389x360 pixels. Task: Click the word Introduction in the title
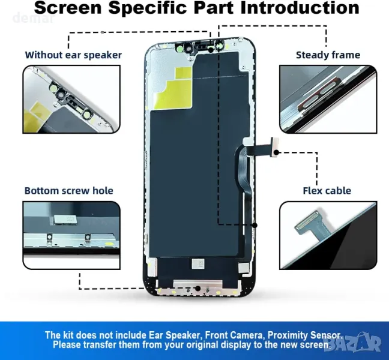click(300, 8)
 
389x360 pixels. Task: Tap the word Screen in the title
click(68, 8)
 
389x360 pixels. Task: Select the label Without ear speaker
click(73, 55)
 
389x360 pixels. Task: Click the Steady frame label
click(328, 55)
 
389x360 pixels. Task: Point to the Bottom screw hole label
click(68, 191)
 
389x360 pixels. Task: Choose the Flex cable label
click(327, 191)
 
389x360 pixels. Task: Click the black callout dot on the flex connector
click(277, 152)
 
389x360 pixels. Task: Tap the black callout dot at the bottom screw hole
click(198, 289)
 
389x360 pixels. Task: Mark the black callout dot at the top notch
click(210, 50)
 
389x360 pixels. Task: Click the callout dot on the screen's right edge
click(255, 225)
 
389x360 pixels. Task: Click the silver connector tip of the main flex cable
click(275, 147)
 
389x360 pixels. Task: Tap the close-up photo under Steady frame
click(328, 99)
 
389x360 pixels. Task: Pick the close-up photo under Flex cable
click(328, 236)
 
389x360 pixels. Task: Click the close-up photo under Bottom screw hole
click(71, 236)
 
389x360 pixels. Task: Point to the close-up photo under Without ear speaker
click(71, 99)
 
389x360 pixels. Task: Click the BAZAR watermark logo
click(354, 343)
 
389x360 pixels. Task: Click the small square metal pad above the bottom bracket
click(198, 264)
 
